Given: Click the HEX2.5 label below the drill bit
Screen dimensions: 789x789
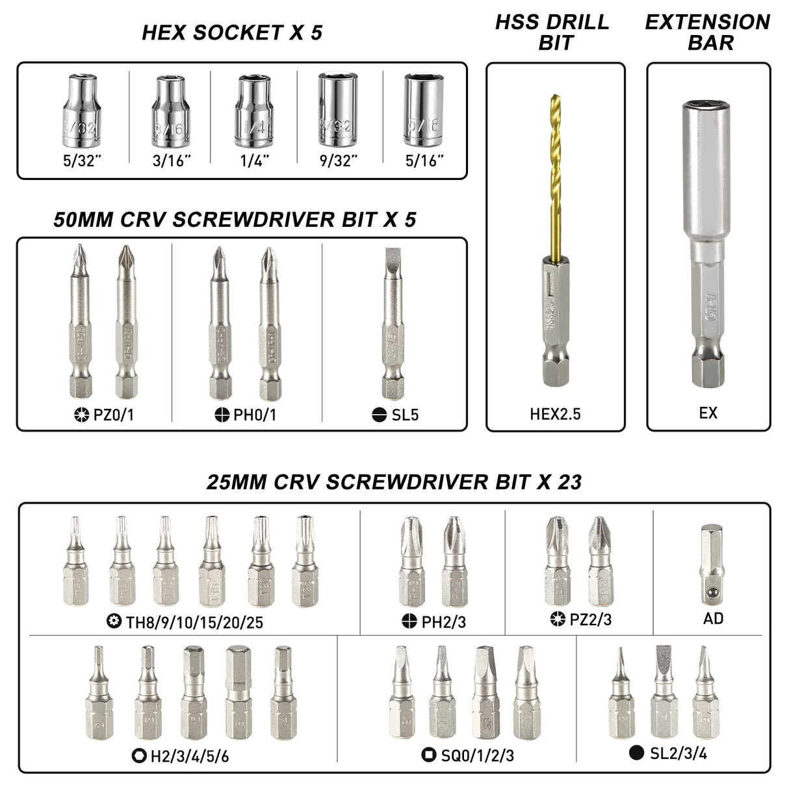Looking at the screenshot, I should [555, 413].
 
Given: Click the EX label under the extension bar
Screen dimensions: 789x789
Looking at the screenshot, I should [708, 413].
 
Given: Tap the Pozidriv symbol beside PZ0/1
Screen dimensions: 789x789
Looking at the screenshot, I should [82, 414].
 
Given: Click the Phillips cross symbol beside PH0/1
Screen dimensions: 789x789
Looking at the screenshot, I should [222, 414].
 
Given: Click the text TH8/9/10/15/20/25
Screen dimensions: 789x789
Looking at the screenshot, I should [194, 623].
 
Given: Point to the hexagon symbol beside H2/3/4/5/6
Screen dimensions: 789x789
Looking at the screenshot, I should [138, 755].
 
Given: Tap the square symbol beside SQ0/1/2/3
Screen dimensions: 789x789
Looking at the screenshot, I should [428, 755].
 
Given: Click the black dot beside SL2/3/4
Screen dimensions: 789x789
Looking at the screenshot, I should [637, 753].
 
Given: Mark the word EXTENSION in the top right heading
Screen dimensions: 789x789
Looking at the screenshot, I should [707, 22].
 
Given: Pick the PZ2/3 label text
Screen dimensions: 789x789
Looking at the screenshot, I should [591, 619].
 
